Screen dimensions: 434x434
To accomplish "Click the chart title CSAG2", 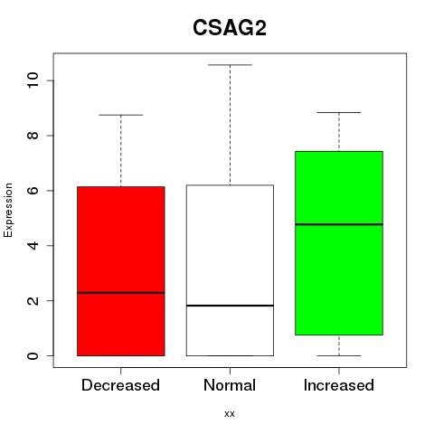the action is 230,28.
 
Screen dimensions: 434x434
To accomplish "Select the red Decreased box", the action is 121,271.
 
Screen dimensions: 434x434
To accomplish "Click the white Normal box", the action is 230,270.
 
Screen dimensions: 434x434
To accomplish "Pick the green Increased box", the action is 339,243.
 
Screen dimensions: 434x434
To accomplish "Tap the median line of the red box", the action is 121,293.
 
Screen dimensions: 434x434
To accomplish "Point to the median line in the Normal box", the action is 230,306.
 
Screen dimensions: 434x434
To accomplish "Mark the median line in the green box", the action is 339,224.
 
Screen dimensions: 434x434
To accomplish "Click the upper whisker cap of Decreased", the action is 121,115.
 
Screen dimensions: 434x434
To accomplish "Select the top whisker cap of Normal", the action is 230,65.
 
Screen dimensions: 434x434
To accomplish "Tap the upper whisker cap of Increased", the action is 339,112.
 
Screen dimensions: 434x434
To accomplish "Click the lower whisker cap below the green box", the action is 339,355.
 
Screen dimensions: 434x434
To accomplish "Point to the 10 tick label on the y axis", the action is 33,80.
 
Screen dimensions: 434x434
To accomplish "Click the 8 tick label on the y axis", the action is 33,136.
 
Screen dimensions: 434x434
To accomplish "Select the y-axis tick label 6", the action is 33,191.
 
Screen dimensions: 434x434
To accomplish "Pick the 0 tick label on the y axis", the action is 33,355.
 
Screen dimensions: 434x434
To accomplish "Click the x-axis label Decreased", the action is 120,385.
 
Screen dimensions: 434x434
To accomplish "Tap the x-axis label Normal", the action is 230,385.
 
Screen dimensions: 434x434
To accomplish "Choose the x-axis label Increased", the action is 339,385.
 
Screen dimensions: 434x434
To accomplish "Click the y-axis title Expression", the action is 8,210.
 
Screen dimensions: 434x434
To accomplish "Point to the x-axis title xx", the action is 230,413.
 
